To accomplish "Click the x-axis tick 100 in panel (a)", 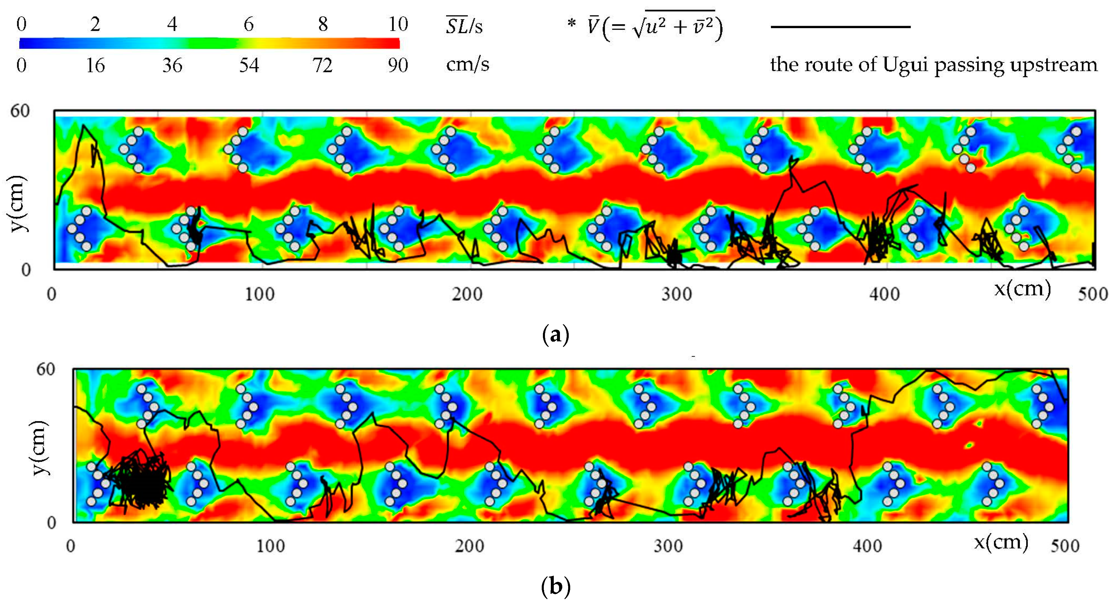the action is pyautogui.click(x=259, y=294).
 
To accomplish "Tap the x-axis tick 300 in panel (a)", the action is pyautogui.click(x=677, y=294).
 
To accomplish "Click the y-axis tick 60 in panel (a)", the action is pyautogui.click(x=20, y=111).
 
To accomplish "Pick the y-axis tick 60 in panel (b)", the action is pyautogui.click(x=46, y=370).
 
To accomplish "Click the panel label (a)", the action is pyautogui.click(x=556, y=335).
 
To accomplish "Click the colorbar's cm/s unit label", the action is pyautogui.click(x=467, y=65).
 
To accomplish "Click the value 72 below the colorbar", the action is pyautogui.click(x=323, y=66).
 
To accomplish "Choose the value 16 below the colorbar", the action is pyautogui.click(x=95, y=66).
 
